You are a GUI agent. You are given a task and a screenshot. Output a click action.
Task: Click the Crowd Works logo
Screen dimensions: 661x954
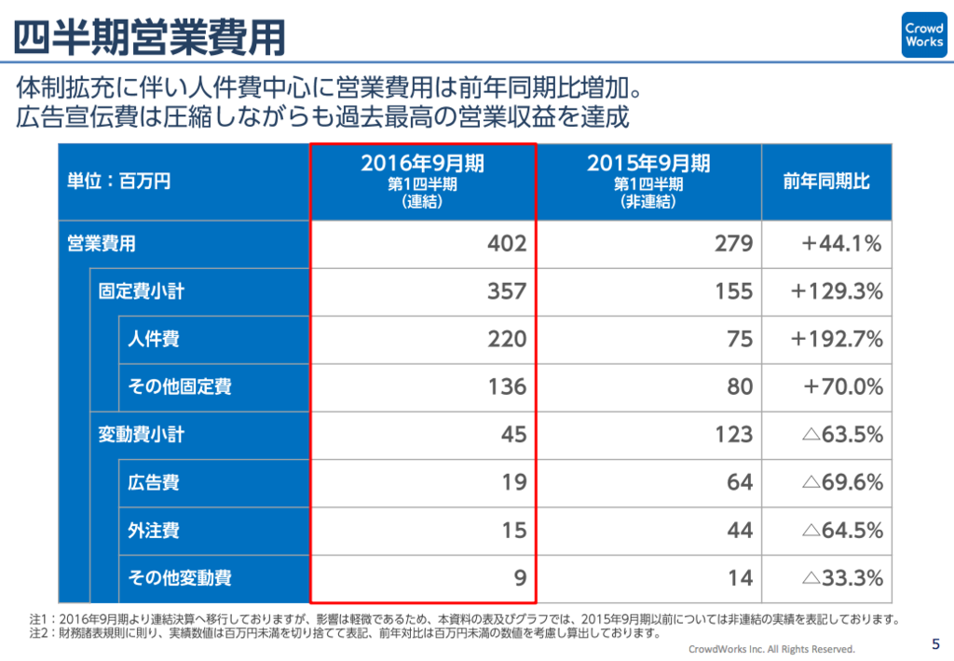click(x=923, y=35)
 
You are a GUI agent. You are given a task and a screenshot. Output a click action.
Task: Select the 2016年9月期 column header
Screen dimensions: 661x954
click(x=422, y=181)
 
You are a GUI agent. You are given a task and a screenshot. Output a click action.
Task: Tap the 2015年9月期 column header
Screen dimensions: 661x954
click(x=648, y=181)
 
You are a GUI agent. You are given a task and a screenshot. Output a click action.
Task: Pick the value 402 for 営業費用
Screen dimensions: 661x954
click(x=507, y=244)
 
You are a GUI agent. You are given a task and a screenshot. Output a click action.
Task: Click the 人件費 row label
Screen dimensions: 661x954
click(x=154, y=339)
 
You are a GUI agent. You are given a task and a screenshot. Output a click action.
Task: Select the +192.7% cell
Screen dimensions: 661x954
click(x=837, y=339)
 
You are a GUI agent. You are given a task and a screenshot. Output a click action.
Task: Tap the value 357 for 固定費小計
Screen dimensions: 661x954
click(x=507, y=291)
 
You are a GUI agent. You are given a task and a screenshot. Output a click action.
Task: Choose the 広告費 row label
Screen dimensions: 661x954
click(x=154, y=482)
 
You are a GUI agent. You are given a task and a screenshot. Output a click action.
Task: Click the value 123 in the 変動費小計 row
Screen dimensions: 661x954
click(x=734, y=434)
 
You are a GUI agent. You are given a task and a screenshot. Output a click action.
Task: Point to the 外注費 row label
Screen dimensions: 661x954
click(x=154, y=531)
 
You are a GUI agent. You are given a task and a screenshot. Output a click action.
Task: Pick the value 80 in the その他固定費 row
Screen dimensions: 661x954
click(x=740, y=386)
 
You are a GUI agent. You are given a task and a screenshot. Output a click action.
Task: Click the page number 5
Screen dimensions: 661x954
click(x=935, y=643)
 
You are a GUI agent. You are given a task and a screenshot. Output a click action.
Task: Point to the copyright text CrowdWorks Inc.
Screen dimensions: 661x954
click(x=770, y=649)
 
